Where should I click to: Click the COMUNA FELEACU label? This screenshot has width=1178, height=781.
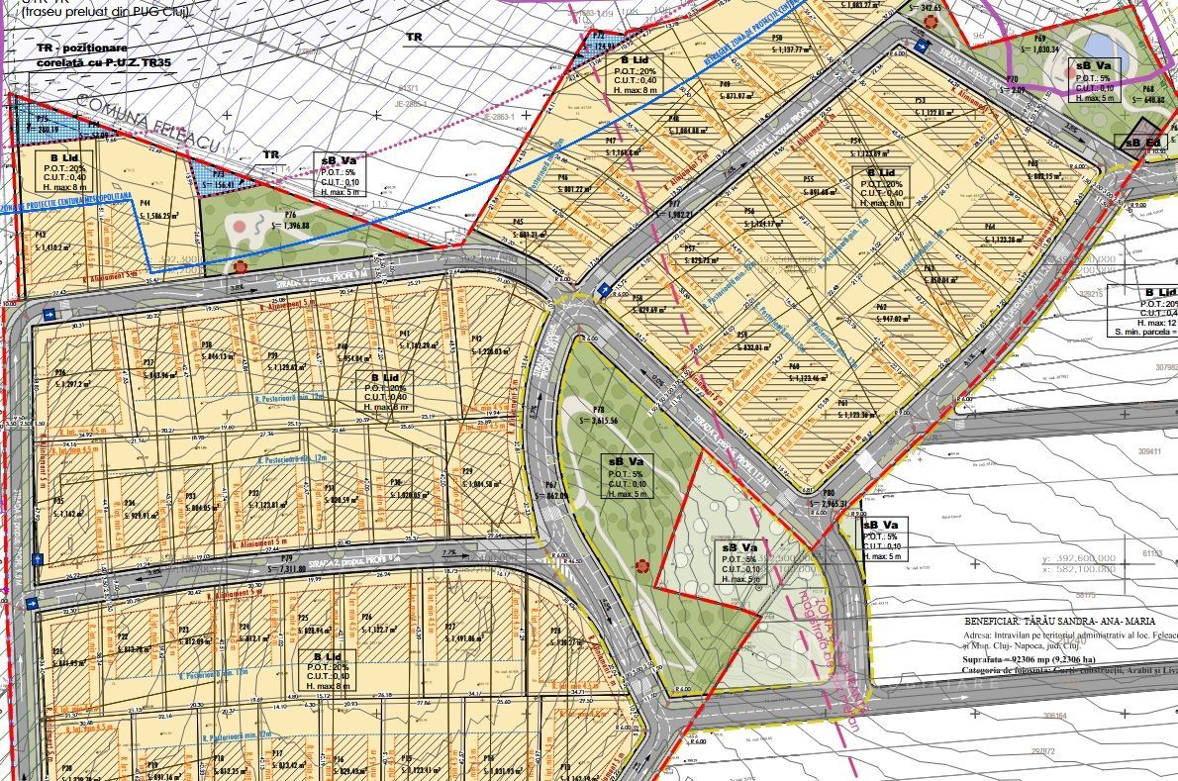click(143, 123)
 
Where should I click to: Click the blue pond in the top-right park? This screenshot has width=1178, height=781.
click(1098, 46)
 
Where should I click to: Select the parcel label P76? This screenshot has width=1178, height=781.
click(290, 214)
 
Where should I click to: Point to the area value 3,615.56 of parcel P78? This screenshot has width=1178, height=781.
click(605, 421)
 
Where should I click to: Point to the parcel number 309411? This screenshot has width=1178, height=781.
click(1148, 450)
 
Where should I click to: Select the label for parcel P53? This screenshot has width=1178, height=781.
click(920, 100)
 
